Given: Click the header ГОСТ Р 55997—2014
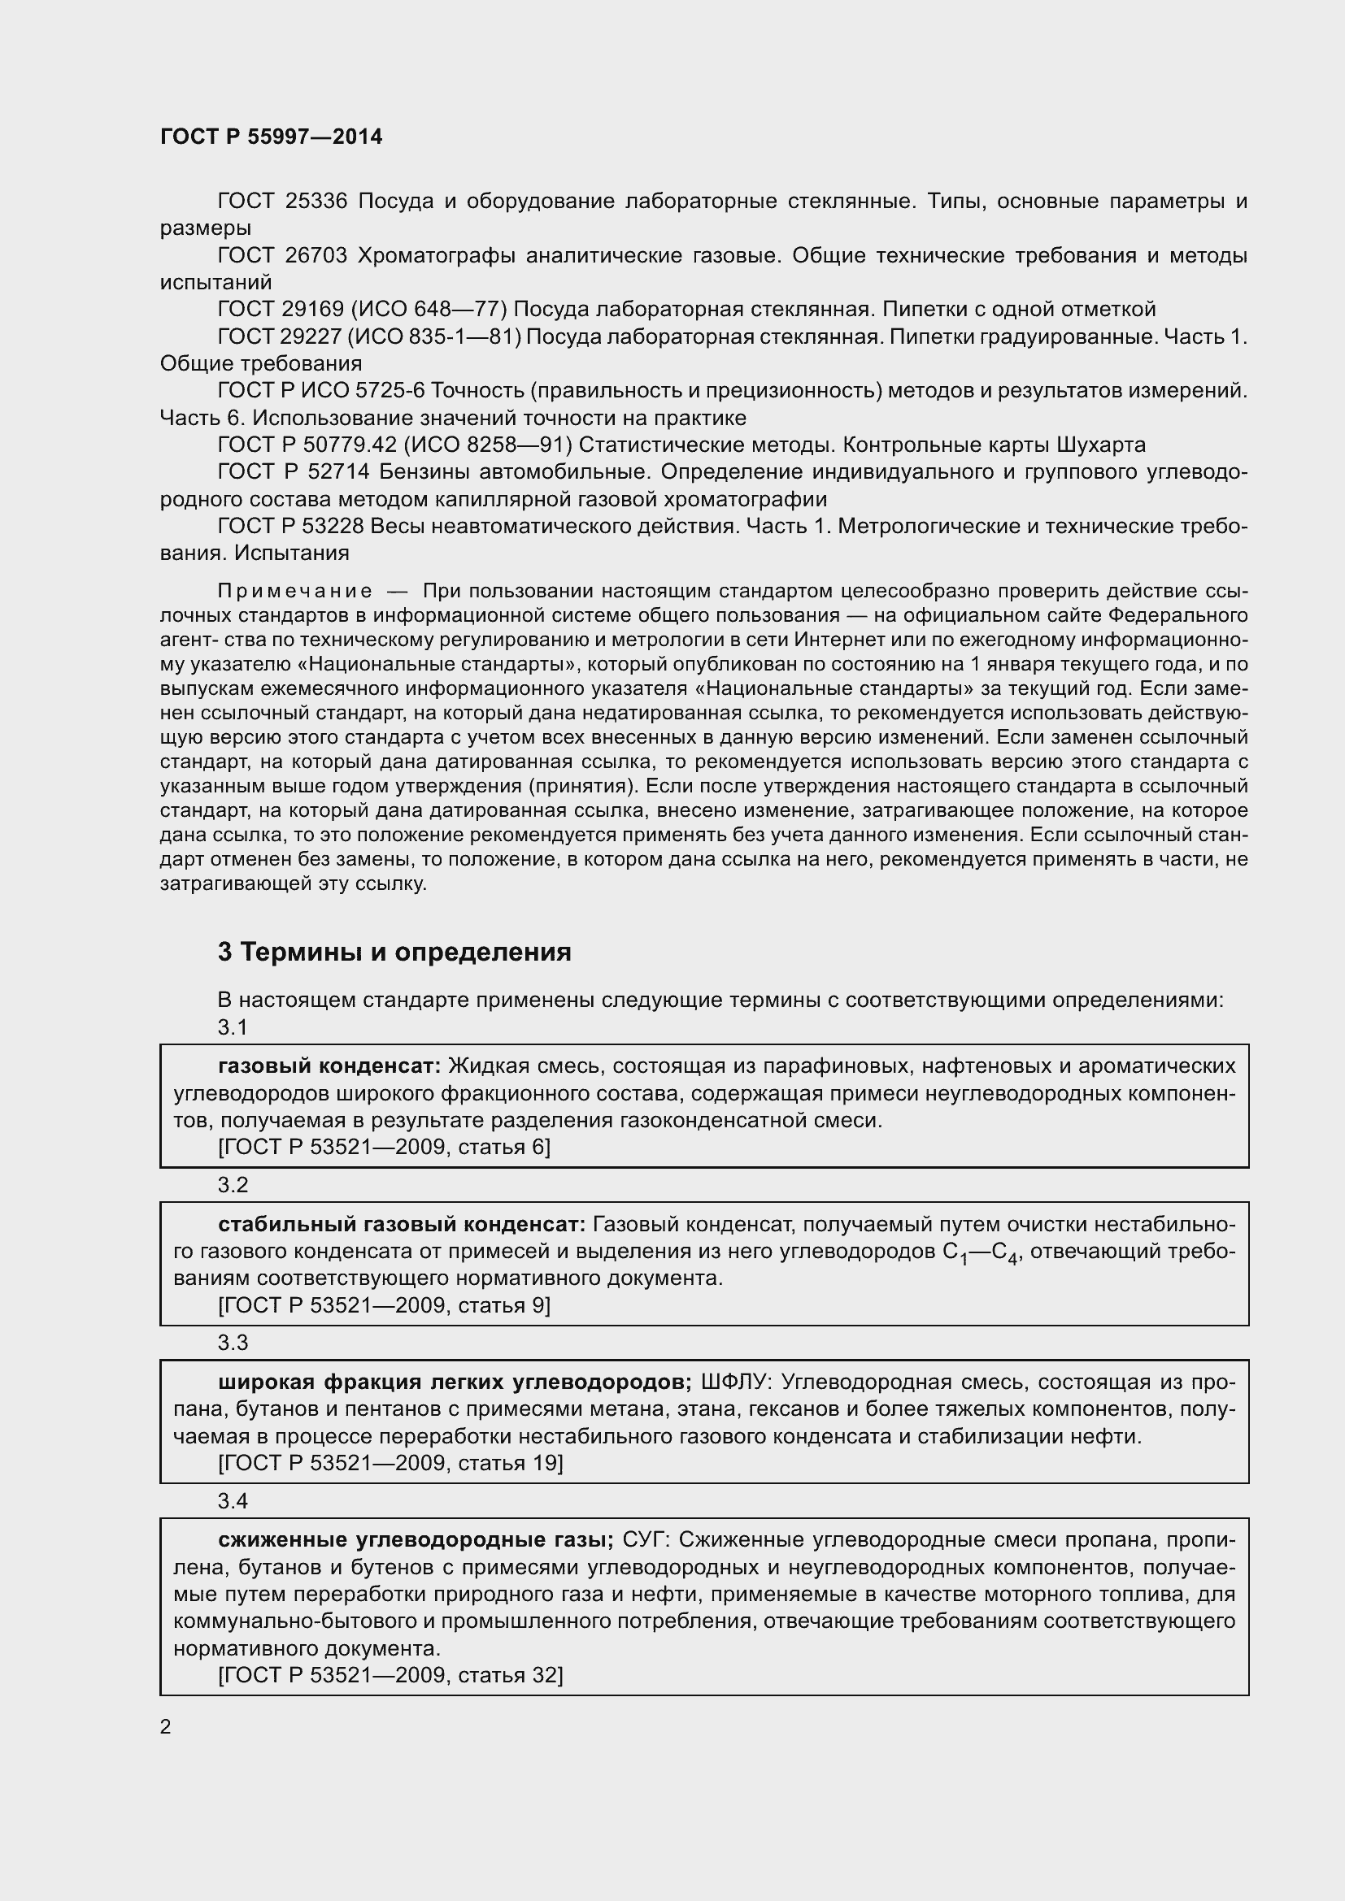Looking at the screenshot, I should click(x=271, y=137).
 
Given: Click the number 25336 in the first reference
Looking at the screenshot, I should click(x=316, y=202).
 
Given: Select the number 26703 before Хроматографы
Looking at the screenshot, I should click(x=316, y=256).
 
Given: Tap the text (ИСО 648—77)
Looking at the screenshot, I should click(x=429, y=310).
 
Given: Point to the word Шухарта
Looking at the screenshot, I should click(x=1101, y=445).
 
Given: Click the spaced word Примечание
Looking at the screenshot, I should click(x=295, y=591).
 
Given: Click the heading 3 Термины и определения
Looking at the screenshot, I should click(x=394, y=953).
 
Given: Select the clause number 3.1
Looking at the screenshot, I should click(x=233, y=1027).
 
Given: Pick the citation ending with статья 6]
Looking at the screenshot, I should click(x=385, y=1148).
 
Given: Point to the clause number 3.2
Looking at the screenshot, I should click(x=233, y=1186).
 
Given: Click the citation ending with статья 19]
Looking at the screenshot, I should click(x=390, y=1464).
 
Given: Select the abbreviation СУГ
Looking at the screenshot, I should click(x=646, y=1541).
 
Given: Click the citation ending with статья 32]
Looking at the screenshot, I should click(x=390, y=1676).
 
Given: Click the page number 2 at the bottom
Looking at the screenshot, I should click(x=166, y=1727).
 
